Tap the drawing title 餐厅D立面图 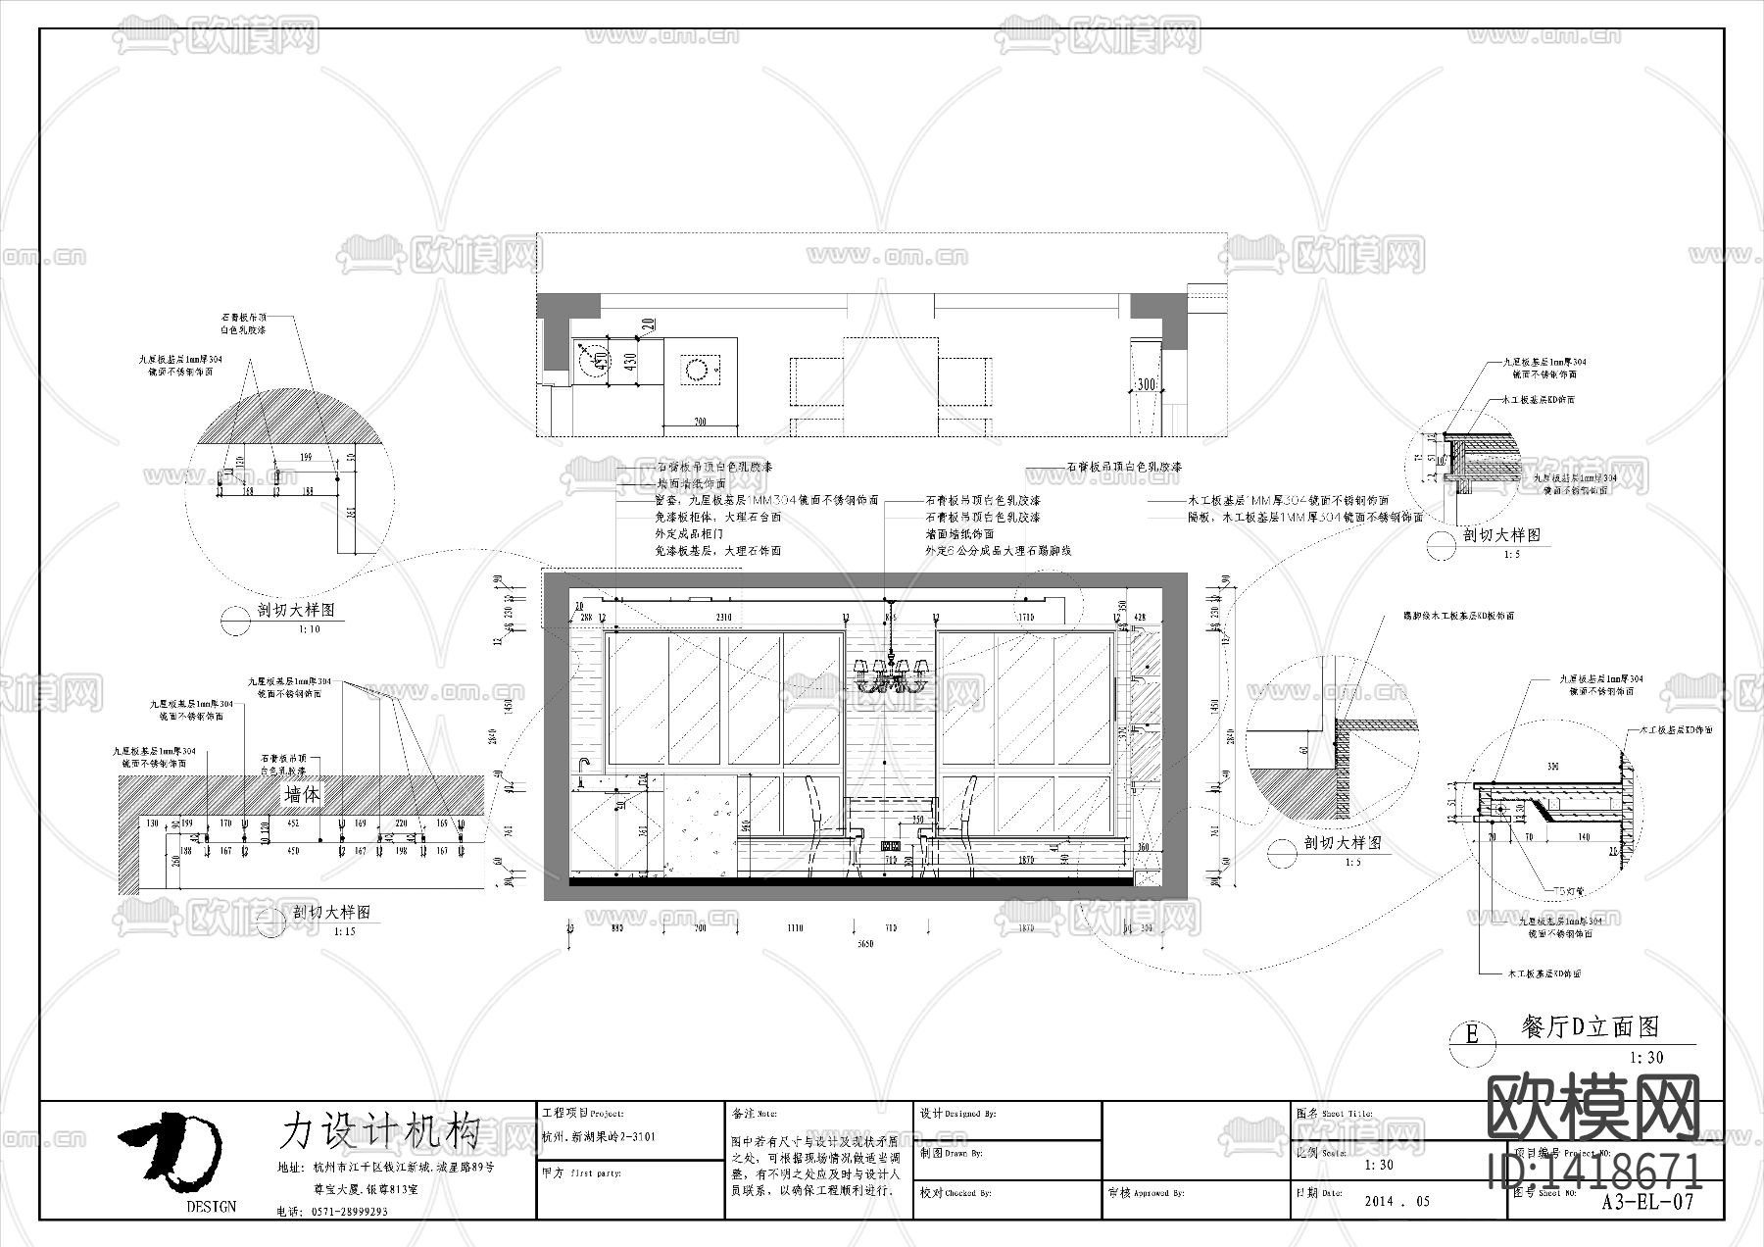1590,1026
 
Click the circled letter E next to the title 1471,1034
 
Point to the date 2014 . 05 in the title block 1397,1201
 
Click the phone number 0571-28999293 350,1212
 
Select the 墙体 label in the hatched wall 302,794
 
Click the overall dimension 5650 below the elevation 864,944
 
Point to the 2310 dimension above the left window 723,618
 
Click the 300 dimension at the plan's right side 1146,384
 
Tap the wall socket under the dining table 892,845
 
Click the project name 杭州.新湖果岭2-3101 598,1137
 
